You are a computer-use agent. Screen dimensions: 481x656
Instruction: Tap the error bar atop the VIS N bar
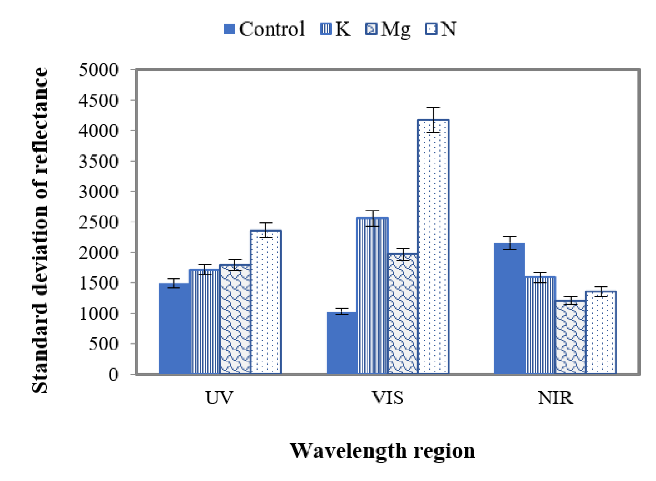(x=433, y=120)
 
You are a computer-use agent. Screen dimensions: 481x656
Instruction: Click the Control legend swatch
(x=229, y=29)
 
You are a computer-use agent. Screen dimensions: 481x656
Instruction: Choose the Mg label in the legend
(x=395, y=29)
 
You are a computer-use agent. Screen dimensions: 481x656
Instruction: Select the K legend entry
(x=342, y=29)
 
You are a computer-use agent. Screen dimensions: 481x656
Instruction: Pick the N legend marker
(x=431, y=29)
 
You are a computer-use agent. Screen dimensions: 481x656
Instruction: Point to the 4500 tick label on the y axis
(x=98, y=100)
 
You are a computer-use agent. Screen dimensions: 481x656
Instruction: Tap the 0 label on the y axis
(x=114, y=374)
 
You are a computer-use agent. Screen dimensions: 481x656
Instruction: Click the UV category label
(x=219, y=398)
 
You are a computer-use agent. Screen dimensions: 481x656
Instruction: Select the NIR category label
(x=555, y=398)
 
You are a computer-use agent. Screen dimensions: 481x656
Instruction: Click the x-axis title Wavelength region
(x=382, y=451)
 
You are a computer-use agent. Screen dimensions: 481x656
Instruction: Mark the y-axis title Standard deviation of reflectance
(x=40, y=230)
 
